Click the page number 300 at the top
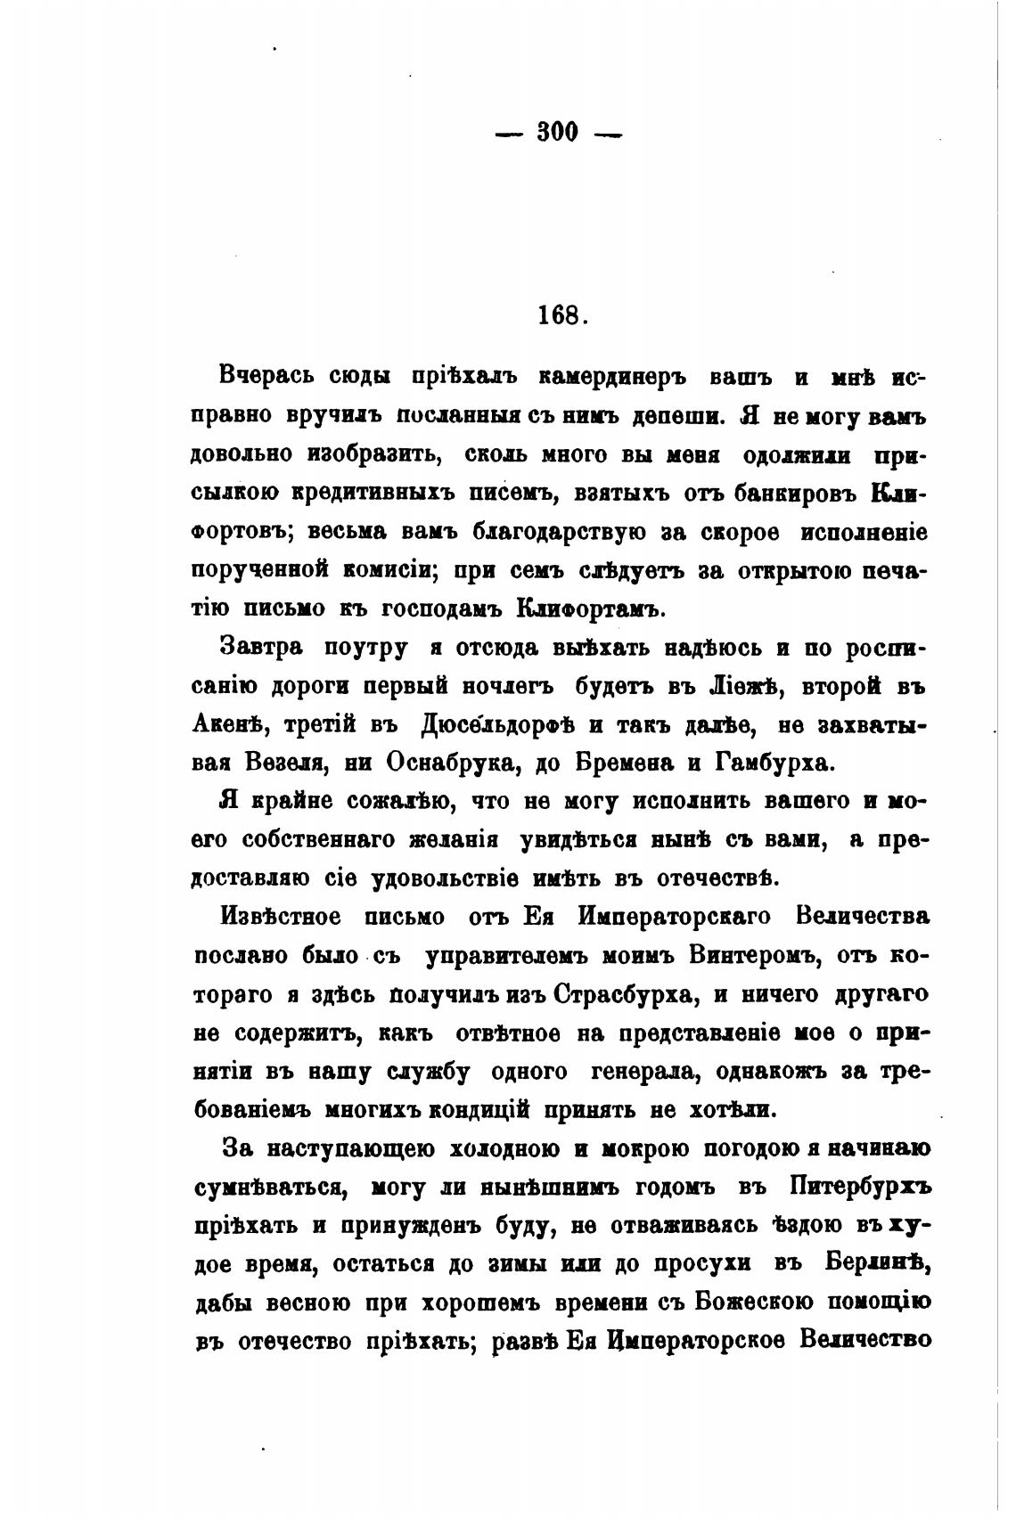558,134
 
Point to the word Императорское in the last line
692,1342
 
